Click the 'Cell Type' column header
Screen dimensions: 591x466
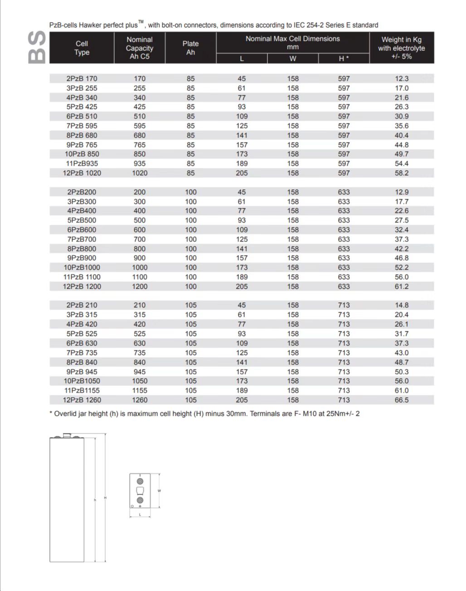82,48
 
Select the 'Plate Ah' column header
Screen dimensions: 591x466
190,48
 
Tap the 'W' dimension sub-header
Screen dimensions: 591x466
293,59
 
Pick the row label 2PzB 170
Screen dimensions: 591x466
82,79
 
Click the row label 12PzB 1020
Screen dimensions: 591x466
82,173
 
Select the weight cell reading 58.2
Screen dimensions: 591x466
401,173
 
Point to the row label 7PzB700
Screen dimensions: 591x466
82,239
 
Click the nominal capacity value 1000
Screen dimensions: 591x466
140,267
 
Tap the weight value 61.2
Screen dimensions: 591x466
401,286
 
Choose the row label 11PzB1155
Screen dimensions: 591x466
82,390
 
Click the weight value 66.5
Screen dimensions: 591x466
401,400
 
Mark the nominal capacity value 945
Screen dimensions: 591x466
140,372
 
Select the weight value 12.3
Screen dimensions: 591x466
401,79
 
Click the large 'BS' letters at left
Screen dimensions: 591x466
37,46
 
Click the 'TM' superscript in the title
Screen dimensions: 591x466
141,22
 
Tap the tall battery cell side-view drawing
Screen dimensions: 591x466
67,499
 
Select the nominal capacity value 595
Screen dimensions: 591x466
140,126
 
